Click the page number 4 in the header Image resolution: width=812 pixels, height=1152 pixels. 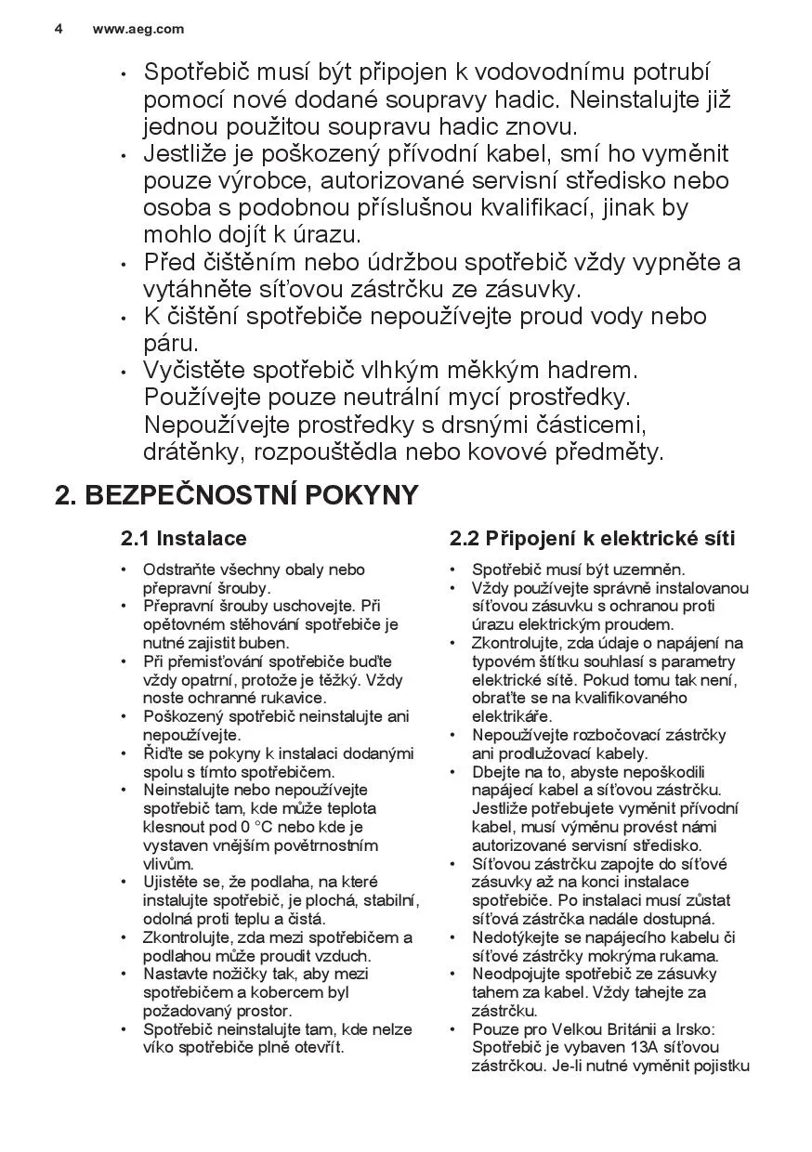pos(59,29)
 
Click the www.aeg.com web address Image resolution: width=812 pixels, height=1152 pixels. pos(138,29)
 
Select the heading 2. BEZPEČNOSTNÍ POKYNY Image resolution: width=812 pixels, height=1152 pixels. pos(237,495)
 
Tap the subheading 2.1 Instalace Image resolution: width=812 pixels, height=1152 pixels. pos(184,539)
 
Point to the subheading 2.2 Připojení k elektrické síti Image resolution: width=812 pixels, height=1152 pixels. pos(592,539)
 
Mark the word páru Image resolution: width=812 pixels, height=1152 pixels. pos(171,343)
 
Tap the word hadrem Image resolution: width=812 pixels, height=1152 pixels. pos(590,370)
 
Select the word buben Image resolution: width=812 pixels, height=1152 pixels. pos(265,643)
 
